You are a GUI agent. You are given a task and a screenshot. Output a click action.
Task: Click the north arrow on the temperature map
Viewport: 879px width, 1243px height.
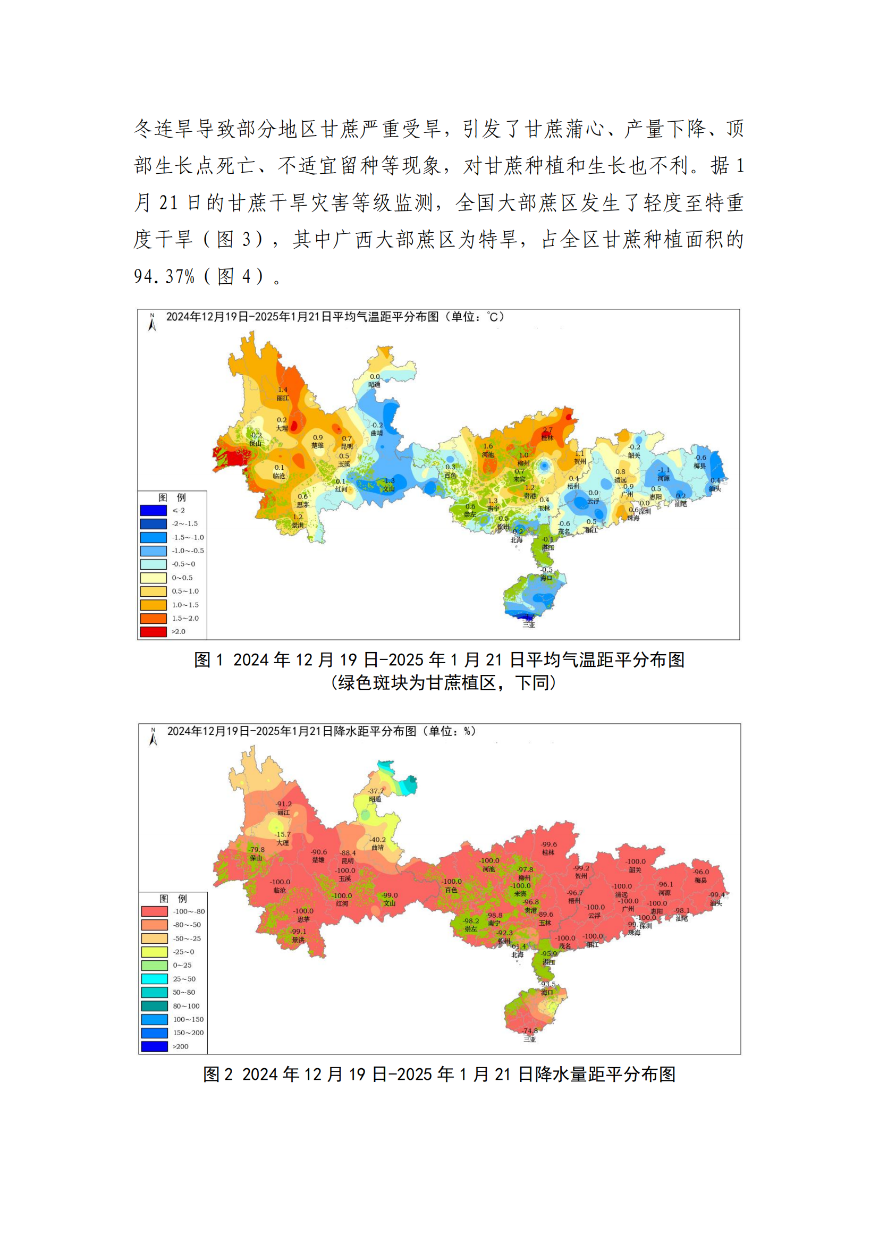tap(152, 322)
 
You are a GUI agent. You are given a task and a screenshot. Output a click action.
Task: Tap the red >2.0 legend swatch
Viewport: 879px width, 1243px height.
tap(153, 631)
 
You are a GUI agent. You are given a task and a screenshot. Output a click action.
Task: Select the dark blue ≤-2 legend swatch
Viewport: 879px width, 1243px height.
tap(153, 510)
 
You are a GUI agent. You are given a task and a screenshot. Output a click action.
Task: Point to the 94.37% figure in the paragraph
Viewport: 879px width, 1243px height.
tap(164, 277)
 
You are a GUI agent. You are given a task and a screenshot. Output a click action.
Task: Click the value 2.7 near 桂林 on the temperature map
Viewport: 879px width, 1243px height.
tap(548, 430)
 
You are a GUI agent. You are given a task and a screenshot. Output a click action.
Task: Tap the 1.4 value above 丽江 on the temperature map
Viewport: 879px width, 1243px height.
tap(283, 389)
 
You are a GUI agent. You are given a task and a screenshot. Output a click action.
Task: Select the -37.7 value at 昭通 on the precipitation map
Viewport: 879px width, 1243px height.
tap(376, 791)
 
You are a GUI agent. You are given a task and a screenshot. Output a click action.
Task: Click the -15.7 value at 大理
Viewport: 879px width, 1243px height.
tap(283, 834)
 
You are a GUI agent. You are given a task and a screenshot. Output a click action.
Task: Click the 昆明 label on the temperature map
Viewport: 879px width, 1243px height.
tap(347, 446)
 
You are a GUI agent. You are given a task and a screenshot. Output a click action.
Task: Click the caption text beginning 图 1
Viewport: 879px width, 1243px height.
tap(439, 659)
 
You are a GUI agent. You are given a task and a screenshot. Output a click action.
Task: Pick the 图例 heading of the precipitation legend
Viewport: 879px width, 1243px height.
tap(173, 899)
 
